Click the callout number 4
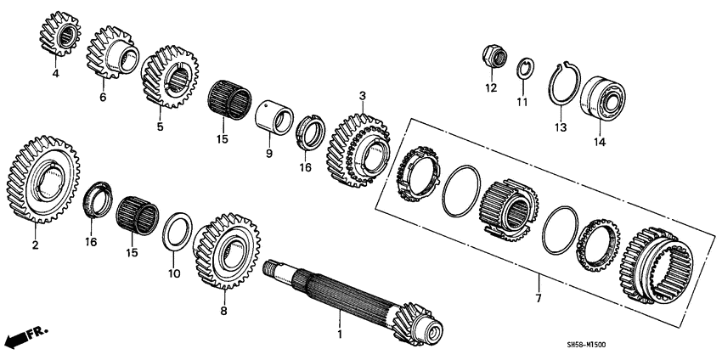pos(56,74)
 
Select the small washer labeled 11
pos(523,68)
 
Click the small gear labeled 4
pos(56,38)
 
